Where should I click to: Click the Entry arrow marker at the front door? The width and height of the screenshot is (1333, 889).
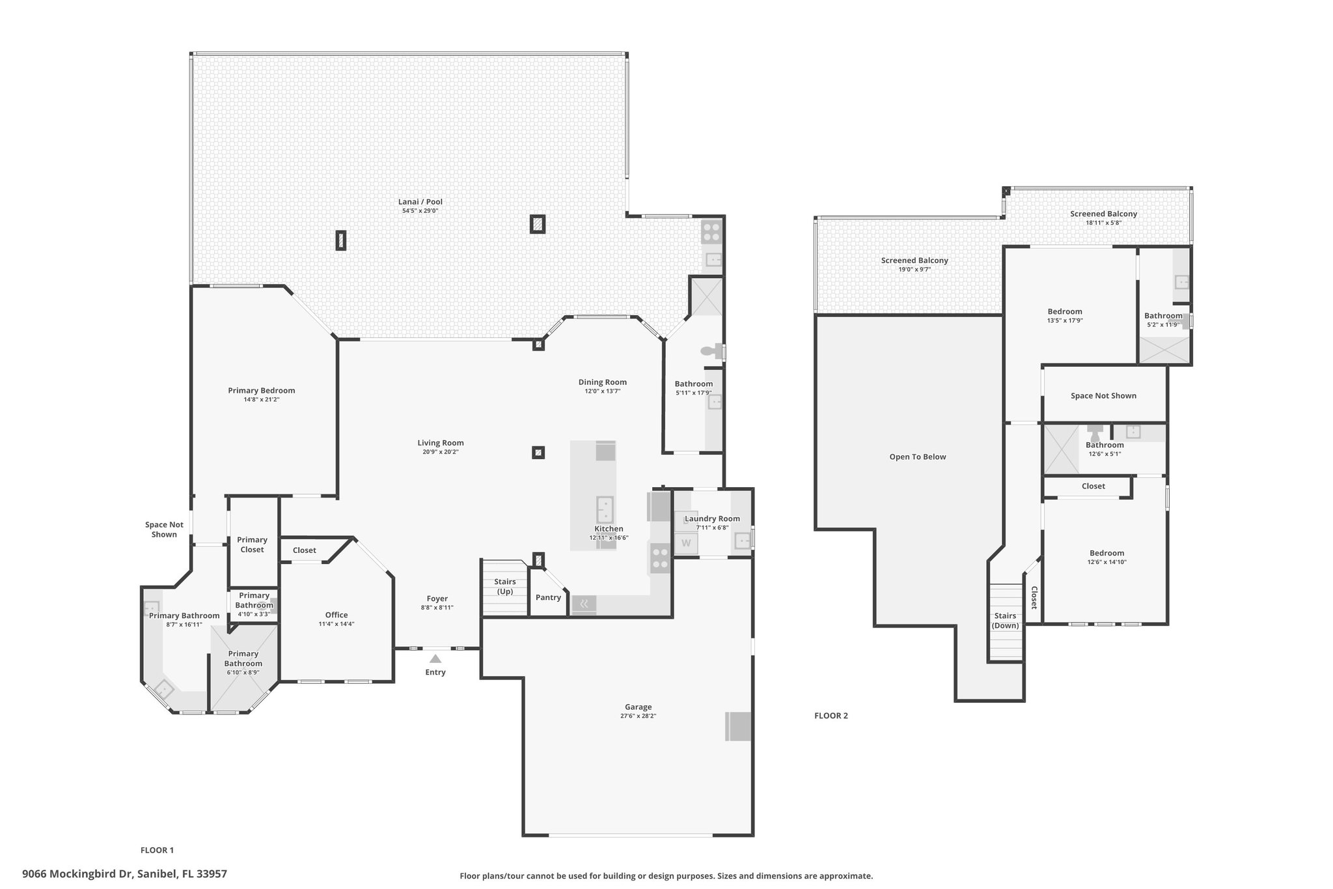(x=435, y=658)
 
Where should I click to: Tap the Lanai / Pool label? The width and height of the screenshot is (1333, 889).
(x=420, y=202)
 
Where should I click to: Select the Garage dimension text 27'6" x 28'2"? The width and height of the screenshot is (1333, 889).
(x=639, y=716)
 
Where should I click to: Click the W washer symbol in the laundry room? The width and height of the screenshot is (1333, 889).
(x=686, y=543)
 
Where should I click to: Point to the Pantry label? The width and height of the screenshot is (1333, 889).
(x=548, y=597)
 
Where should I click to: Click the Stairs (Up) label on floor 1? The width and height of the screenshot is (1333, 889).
(x=505, y=586)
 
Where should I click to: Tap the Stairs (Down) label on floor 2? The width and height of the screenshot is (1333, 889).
(x=1006, y=621)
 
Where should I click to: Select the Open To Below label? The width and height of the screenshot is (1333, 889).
(x=918, y=457)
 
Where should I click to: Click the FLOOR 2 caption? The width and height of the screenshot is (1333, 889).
(x=831, y=716)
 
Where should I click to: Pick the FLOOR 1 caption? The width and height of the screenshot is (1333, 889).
(x=158, y=850)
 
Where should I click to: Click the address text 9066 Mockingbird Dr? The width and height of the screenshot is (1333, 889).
(x=77, y=874)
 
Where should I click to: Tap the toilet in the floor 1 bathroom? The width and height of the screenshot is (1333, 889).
(x=712, y=352)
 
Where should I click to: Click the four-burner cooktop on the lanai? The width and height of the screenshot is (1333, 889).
(x=711, y=233)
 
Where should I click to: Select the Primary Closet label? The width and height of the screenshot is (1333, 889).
(x=252, y=544)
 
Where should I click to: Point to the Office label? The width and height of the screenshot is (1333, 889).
(x=337, y=615)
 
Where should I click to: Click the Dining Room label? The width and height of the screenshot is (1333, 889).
(x=603, y=382)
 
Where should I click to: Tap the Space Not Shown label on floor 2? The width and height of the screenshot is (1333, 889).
(x=1103, y=395)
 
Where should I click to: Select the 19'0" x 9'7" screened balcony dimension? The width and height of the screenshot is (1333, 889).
(x=914, y=269)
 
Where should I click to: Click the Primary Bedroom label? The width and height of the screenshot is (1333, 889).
(x=262, y=391)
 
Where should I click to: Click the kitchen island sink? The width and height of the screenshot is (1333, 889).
(x=605, y=507)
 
